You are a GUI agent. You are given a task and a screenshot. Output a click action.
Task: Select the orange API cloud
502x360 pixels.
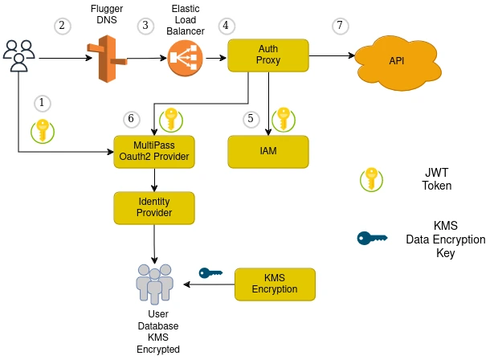click(x=396, y=61)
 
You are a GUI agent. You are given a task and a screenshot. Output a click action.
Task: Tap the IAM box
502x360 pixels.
click(x=268, y=151)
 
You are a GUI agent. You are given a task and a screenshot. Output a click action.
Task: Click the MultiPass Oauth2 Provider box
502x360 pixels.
click(x=154, y=151)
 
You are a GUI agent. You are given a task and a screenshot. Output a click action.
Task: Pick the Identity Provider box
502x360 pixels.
click(x=154, y=207)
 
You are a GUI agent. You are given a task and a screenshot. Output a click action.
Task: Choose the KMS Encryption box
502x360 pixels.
click(x=275, y=284)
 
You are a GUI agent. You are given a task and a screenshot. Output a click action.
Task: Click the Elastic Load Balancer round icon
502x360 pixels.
click(x=186, y=57)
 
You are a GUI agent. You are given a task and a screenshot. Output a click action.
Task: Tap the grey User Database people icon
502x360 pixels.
click(x=154, y=283)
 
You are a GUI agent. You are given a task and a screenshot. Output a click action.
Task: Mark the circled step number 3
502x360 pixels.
click(x=145, y=26)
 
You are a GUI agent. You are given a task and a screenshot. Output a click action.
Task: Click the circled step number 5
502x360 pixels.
click(x=251, y=119)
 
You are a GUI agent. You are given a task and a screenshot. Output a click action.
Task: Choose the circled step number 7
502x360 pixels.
click(x=341, y=26)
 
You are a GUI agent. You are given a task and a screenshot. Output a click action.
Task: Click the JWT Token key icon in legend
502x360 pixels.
click(x=371, y=179)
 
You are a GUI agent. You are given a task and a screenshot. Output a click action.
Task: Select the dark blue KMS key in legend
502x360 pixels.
click(x=372, y=238)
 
